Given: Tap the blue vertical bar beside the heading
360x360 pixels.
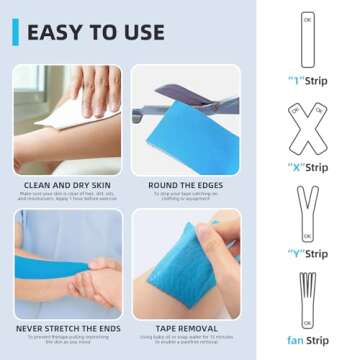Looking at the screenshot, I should (15, 32).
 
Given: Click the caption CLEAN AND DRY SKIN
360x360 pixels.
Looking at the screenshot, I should (67, 184).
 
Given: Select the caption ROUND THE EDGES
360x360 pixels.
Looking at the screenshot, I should (185, 184).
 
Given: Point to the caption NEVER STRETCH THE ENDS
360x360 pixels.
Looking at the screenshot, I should (67, 327).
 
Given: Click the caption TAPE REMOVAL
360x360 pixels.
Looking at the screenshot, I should (185, 327).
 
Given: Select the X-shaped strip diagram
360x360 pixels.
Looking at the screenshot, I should (307, 125).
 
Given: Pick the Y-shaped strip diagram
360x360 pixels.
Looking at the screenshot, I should (307, 210).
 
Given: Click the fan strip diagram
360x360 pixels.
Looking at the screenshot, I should (307, 295).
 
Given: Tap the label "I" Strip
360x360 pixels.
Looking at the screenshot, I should (307, 79).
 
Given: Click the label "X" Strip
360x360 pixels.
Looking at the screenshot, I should (307, 167).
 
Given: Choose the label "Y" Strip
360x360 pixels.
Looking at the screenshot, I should (307, 253).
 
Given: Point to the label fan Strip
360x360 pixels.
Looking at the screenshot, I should (307, 340).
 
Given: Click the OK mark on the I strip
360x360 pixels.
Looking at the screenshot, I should (307, 19).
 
